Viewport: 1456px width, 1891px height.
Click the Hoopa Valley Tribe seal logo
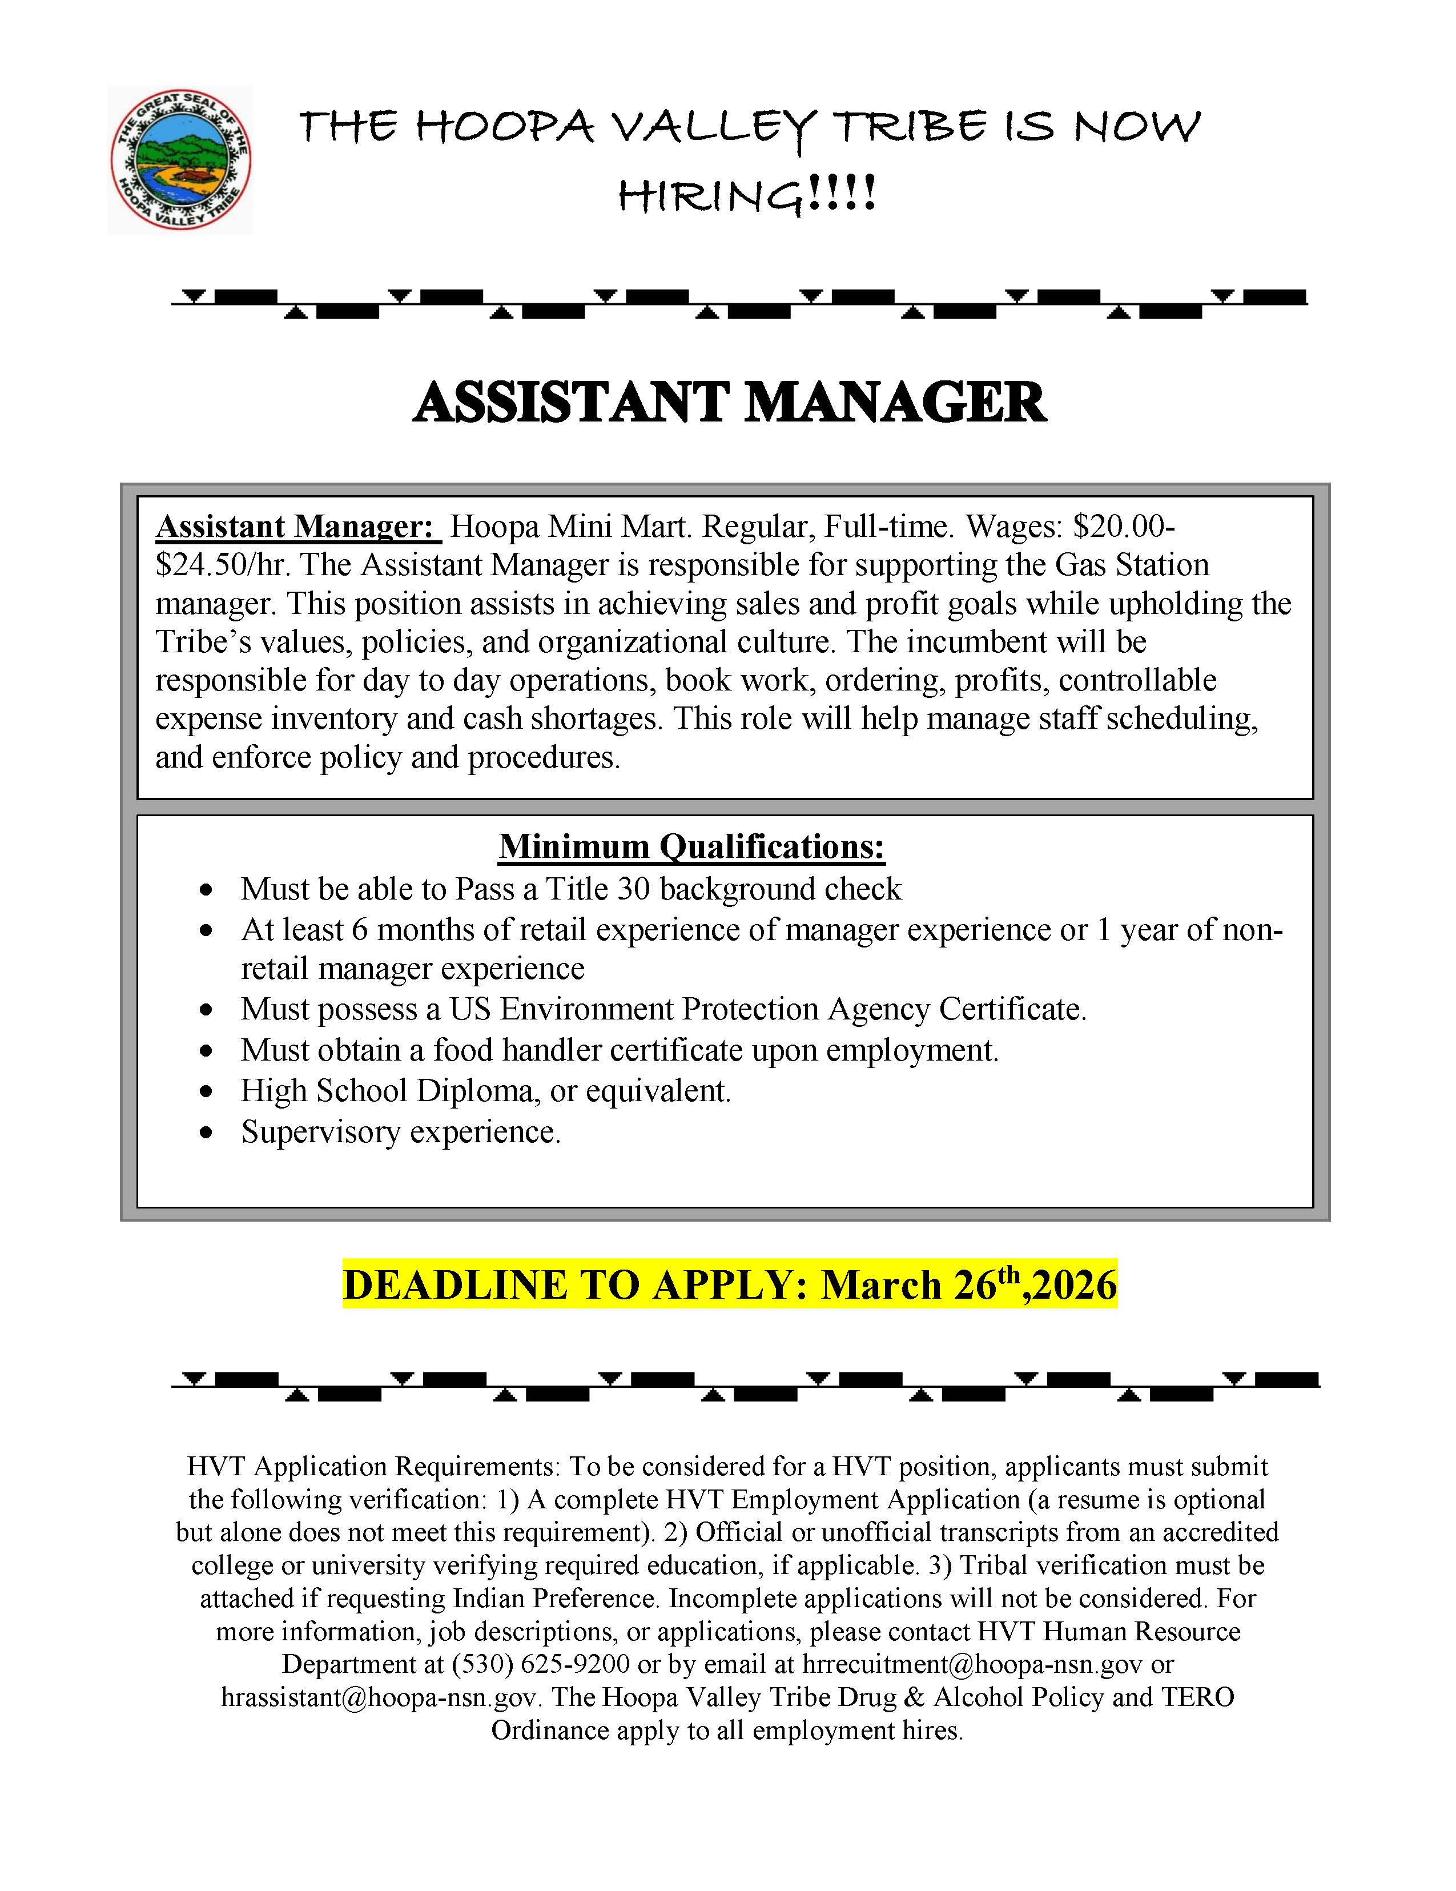(180, 159)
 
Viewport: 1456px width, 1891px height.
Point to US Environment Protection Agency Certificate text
(766, 1010)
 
